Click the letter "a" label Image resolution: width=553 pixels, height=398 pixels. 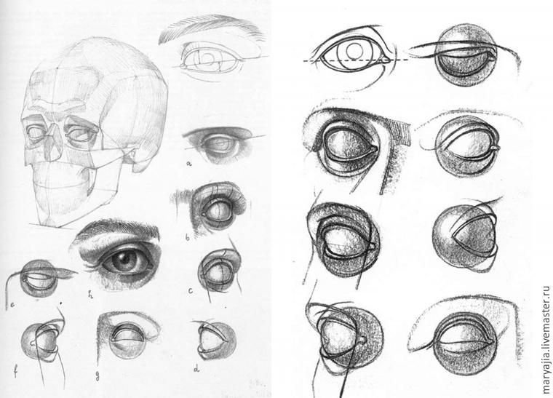coord(189,164)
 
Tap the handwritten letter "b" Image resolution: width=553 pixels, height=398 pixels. coord(187,238)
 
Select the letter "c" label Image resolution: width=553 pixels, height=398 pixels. coord(191,291)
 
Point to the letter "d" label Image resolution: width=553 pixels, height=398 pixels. coord(196,369)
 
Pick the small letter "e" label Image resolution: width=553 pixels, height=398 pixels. coord(12,306)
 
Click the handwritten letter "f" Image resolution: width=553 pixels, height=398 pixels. coord(16,372)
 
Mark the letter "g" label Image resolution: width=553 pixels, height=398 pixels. coord(98,375)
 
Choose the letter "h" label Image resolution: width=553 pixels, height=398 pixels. coord(91,295)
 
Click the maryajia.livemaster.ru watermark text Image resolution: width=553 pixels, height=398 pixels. coord(546,340)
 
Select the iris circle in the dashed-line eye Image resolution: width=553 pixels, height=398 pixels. coord(355,50)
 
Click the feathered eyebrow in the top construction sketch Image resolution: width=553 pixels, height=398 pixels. coord(212,28)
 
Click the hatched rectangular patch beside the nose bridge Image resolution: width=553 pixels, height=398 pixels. coord(401,132)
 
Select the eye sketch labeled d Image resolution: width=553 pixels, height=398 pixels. coord(216,341)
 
